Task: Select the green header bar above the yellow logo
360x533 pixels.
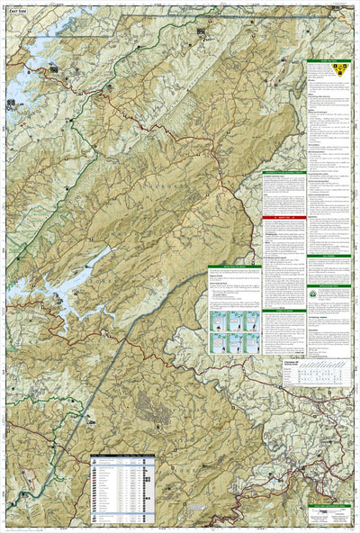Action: point(328,61)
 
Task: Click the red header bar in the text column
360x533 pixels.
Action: point(283,219)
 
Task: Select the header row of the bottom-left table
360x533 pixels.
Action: point(122,456)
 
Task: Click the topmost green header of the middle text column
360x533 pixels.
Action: point(283,173)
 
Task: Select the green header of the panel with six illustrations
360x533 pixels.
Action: point(233,266)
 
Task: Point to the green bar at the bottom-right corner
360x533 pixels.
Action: point(328,506)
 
